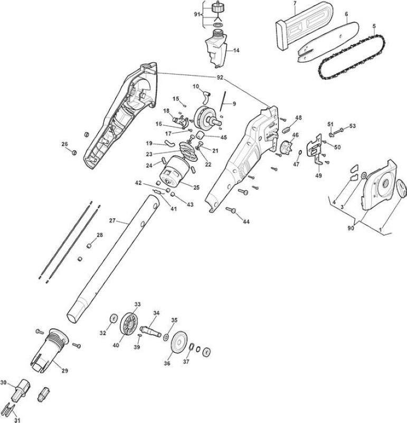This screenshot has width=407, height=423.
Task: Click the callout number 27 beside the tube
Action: point(112,220)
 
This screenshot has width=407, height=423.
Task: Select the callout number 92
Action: point(220,78)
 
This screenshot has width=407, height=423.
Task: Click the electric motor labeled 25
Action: point(174,172)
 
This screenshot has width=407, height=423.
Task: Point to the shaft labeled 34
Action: point(150,331)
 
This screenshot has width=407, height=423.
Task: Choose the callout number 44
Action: point(246,222)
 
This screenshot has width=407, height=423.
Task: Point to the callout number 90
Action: point(351,228)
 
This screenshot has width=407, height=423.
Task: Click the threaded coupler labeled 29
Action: point(49,350)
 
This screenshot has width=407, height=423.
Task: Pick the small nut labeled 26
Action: point(73,153)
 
